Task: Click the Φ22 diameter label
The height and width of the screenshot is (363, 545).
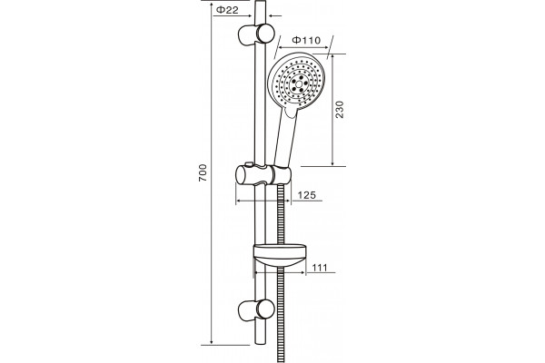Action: click(x=227, y=10)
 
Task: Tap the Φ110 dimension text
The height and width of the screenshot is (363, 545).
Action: click(x=306, y=40)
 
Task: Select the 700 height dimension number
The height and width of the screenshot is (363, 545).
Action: click(x=203, y=172)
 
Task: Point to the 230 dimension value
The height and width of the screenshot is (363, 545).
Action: click(x=340, y=110)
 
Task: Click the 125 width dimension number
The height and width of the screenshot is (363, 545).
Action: click(x=307, y=195)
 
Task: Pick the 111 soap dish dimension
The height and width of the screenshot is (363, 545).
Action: click(x=320, y=268)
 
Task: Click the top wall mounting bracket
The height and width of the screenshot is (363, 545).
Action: click(x=256, y=34)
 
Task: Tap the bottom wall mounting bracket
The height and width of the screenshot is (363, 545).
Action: click(x=256, y=309)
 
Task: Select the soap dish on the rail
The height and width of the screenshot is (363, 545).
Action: click(x=280, y=255)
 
